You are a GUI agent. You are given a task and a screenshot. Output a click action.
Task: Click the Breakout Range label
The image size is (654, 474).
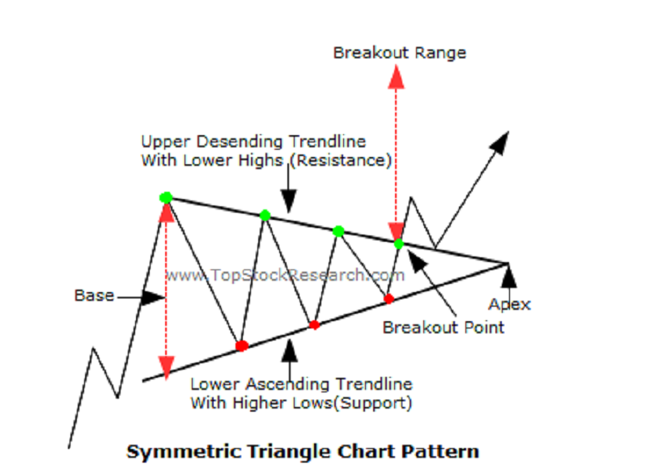400,53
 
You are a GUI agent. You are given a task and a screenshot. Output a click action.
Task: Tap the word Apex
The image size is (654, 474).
510,305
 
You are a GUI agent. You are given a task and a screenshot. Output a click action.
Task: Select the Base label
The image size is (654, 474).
94,295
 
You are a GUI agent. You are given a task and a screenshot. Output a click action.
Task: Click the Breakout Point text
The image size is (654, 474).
444,328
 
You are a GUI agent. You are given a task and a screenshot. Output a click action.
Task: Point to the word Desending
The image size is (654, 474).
243,142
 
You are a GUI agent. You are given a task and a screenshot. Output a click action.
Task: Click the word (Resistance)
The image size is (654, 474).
341,160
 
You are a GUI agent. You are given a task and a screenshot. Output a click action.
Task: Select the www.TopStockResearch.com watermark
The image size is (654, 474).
285,275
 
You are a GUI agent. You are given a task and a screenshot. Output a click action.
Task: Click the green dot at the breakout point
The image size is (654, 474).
399,244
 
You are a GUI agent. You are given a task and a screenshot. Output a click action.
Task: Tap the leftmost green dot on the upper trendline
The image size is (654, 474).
166,197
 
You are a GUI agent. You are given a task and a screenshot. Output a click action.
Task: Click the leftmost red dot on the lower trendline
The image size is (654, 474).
242,345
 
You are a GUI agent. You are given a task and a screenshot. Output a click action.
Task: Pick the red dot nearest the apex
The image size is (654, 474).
389,298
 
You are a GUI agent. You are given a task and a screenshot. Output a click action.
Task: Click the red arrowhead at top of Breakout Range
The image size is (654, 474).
396,77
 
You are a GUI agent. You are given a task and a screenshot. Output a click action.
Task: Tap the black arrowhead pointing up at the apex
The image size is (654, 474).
508,276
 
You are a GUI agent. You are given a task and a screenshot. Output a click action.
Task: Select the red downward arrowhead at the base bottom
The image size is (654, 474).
166,368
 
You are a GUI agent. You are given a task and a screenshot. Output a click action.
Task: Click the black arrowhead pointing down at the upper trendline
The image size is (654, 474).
289,201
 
